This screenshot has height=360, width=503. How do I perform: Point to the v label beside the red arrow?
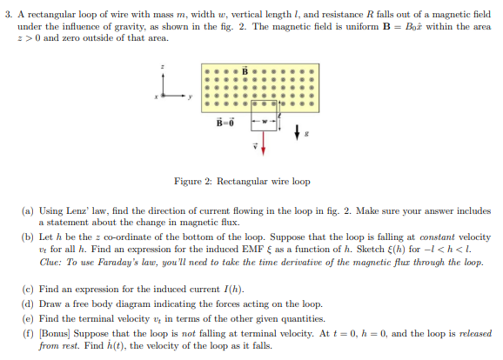coord(255,147)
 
